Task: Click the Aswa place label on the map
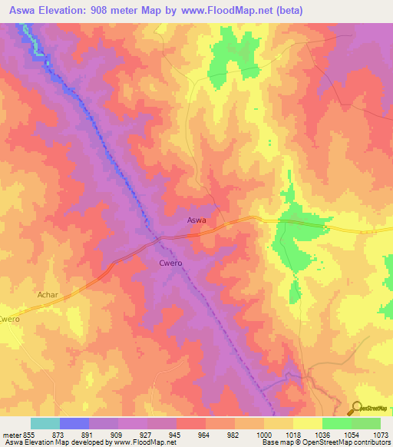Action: (196, 220)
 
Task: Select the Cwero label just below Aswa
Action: (170, 263)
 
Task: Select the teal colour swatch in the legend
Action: (45, 423)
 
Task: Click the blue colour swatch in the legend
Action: (74, 423)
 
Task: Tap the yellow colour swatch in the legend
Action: (307, 423)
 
